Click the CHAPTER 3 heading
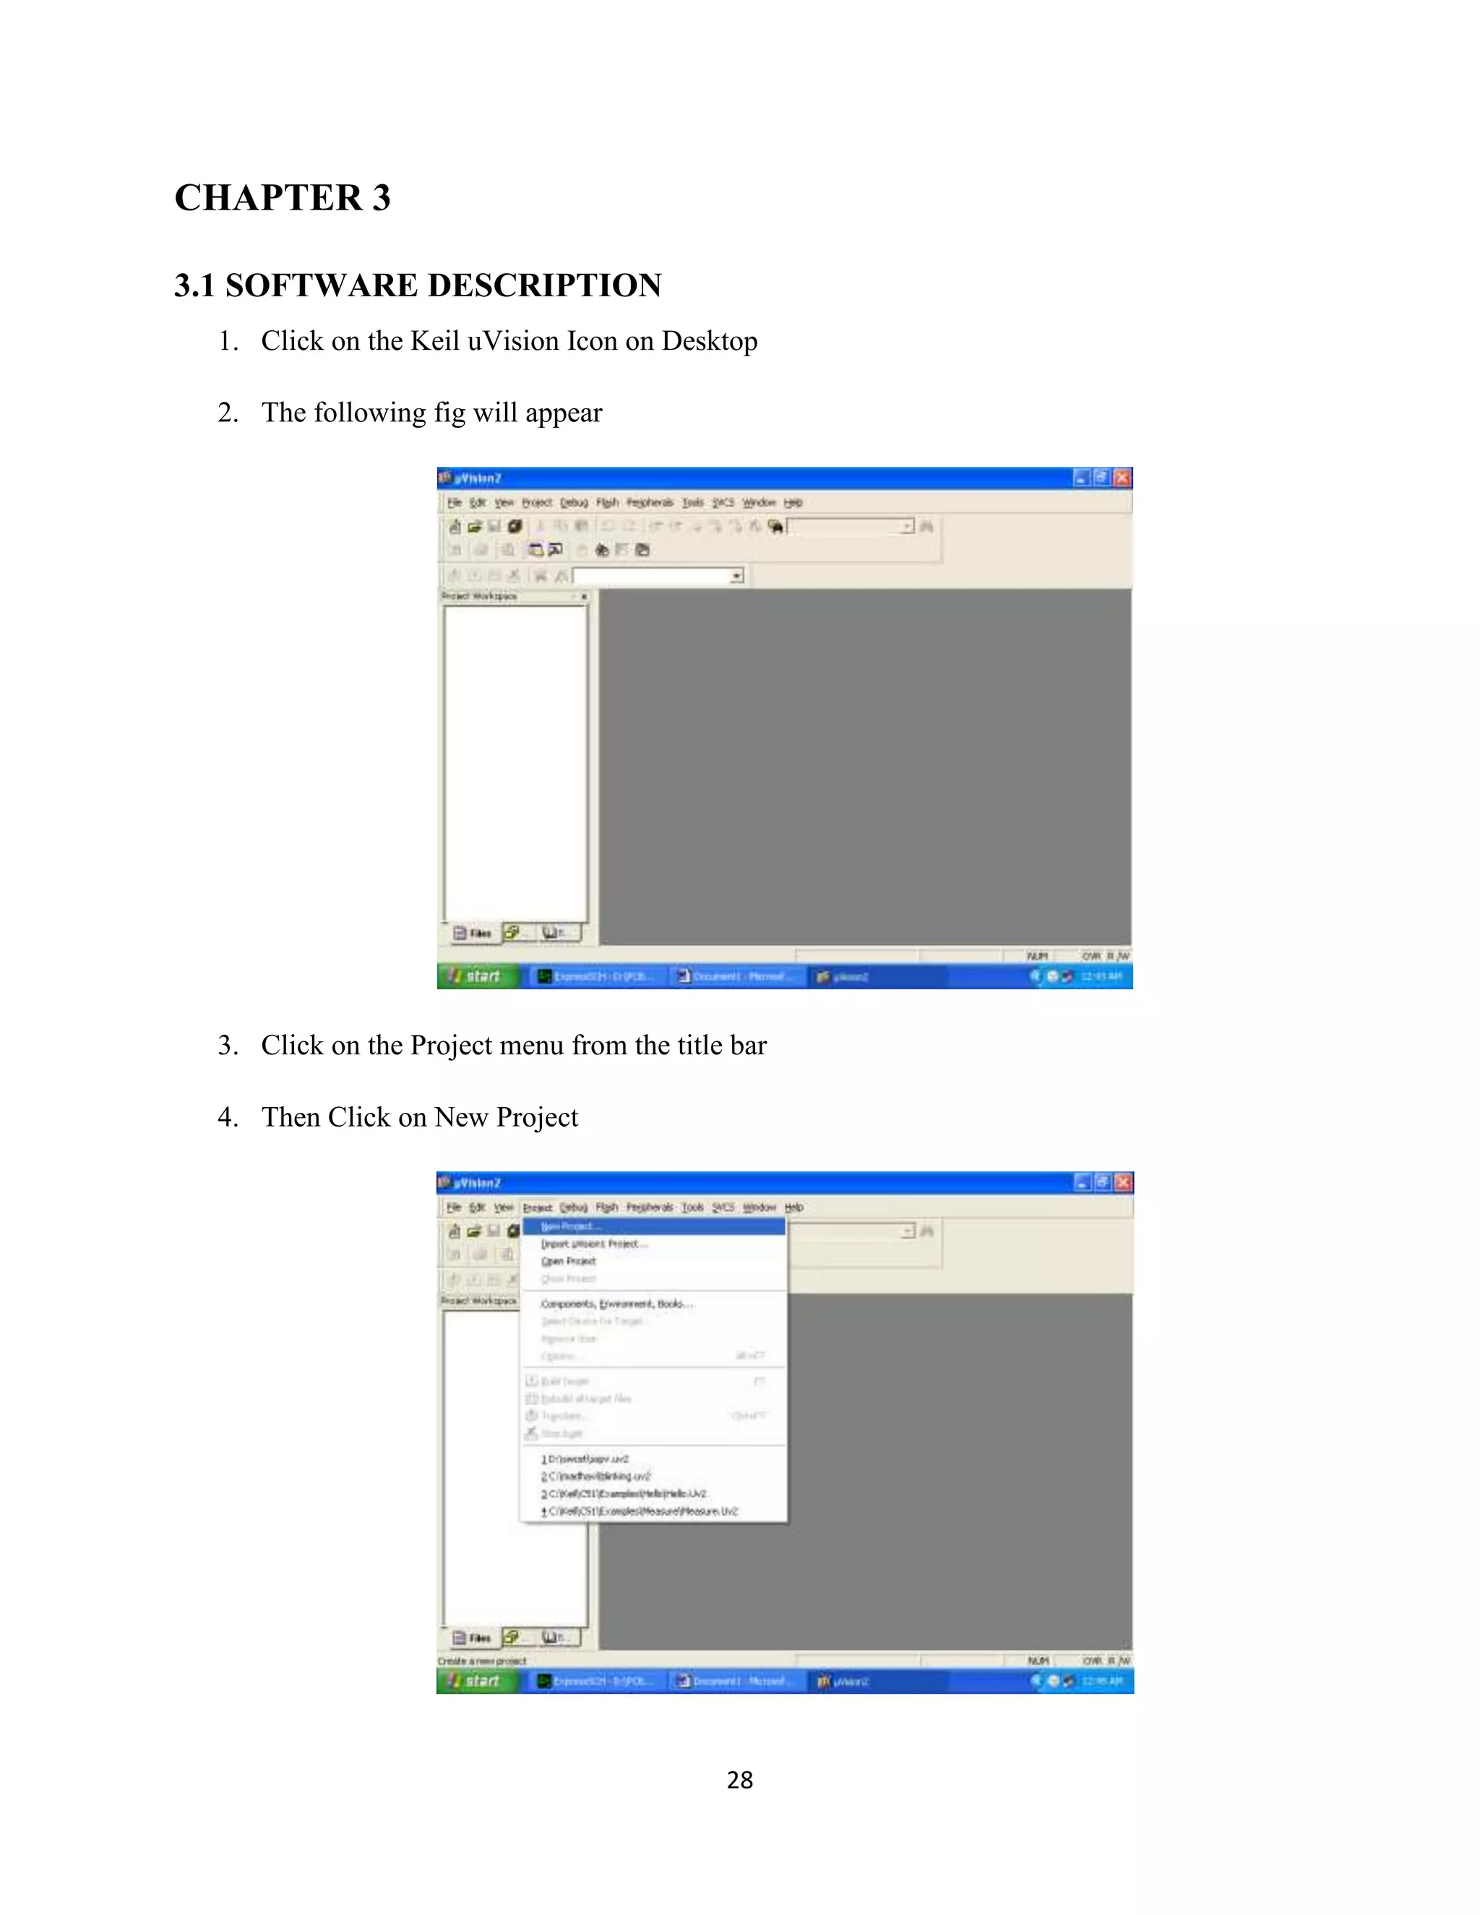coord(283,197)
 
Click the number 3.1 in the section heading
coord(194,286)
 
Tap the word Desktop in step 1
coord(710,340)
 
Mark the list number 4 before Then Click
coord(228,1117)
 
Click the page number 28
coord(739,1780)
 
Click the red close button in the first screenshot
coord(1122,478)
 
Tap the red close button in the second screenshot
coord(1122,1183)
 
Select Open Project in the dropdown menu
coord(568,1261)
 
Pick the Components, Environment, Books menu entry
coord(616,1304)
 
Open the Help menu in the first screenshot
coord(793,502)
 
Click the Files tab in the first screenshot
coord(473,933)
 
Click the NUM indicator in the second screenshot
coord(1037,1661)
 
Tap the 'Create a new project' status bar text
coord(482,1661)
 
